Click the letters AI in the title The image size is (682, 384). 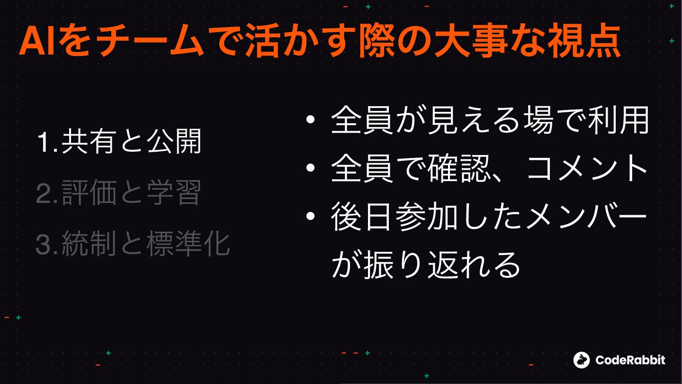tap(37, 41)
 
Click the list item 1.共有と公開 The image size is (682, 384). tap(119, 141)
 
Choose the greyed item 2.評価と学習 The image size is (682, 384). tap(118, 192)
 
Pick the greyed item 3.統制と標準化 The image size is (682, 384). tap(133, 244)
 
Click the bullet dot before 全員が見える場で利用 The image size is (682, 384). tap(310, 119)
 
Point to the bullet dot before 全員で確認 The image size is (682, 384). tap(310, 168)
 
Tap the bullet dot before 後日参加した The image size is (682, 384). tap(310, 216)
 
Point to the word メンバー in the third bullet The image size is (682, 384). tap(586, 217)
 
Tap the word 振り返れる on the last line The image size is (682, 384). tap(441, 265)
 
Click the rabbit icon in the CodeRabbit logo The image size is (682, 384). tap(582, 360)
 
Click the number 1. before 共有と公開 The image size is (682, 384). tap(47, 142)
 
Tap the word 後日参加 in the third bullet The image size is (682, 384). tap(395, 217)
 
